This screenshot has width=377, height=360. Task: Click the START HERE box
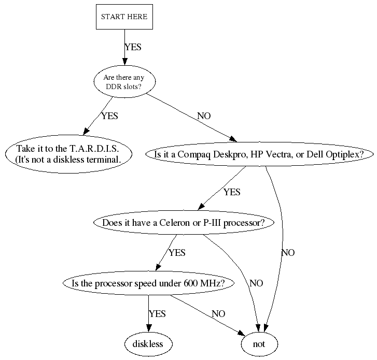coord(124,17)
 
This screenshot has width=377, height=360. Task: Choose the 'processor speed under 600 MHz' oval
coord(148,283)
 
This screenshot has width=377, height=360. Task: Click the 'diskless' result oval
coord(148,343)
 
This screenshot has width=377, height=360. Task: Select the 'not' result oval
coord(259,343)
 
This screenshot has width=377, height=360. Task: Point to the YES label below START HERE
coord(133,47)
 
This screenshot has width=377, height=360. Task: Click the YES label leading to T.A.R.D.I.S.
coord(109,116)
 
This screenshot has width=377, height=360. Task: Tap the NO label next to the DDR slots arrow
coord(204,116)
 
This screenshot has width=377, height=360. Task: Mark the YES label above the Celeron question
coord(232,192)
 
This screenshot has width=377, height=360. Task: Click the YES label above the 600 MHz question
coord(177,253)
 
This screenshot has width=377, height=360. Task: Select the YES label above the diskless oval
coord(157,314)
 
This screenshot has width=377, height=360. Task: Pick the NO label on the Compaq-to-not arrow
coord(288,253)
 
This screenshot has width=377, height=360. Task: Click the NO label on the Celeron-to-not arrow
coord(256,283)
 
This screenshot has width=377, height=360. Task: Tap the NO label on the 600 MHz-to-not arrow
coord(218,314)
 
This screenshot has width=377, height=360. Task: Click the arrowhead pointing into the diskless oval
coord(148,327)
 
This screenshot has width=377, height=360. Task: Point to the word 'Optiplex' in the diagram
coord(350,154)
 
